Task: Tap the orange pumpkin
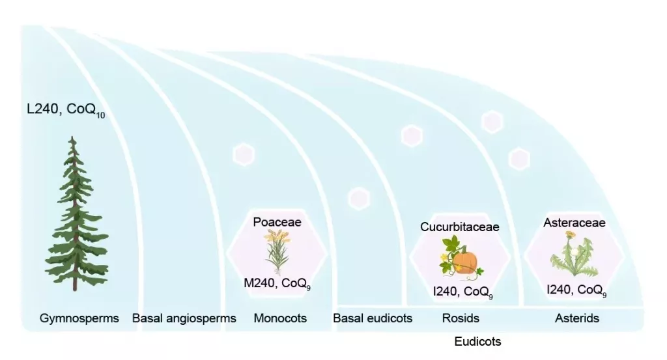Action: [464, 263]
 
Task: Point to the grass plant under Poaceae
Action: [277, 252]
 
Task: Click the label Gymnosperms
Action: [79, 318]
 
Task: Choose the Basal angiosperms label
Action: [184, 318]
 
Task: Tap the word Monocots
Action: [280, 318]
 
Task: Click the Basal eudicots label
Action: [373, 318]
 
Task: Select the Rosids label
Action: [461, 318]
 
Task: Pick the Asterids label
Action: [577, 318]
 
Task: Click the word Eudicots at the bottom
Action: [477, 341]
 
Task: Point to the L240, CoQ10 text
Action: [66, 109]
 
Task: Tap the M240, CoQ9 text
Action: [277, 283]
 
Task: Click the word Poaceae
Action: [277, 222]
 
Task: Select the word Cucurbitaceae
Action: [459, 227]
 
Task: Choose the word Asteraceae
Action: [575, 223]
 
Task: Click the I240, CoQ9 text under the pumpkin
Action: [463, 292]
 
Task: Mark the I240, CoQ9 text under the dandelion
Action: [576, 290]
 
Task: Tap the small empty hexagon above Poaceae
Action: [244, 154]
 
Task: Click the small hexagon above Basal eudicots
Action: [359, 199]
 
